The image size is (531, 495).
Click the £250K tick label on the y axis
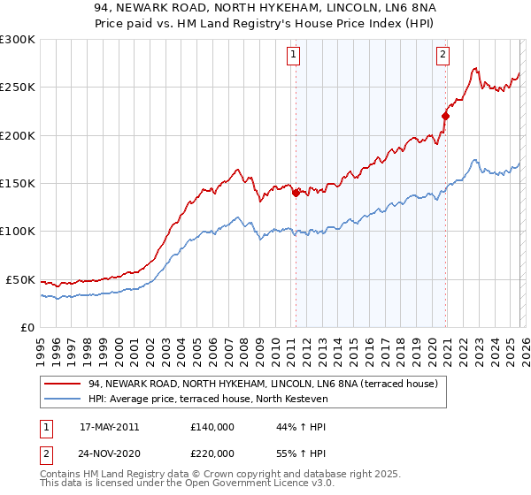point(18,88)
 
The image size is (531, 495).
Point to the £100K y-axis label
point(18,232)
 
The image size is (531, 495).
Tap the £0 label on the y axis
point(27,327)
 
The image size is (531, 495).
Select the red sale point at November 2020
point(445,116)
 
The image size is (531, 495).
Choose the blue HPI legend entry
point(208,400)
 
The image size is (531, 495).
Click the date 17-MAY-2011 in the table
point(109,427)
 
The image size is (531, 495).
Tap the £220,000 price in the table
point(212,453)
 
